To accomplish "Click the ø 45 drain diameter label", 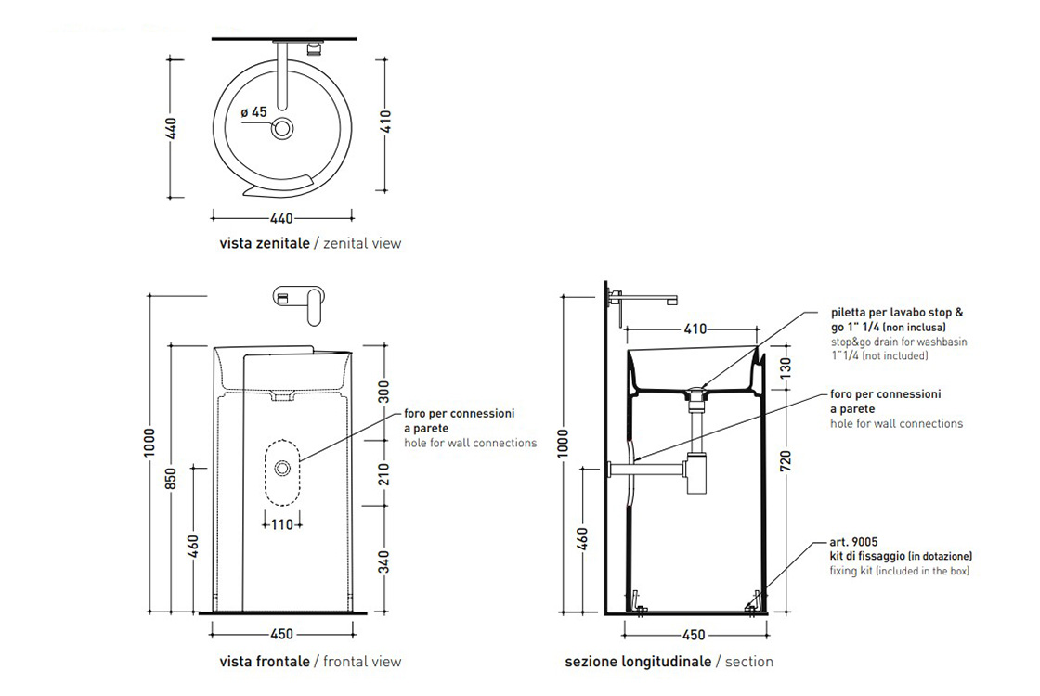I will (x=253, y=111).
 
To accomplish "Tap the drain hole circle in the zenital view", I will (x=282, y=128).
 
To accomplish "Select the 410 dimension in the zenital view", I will (x=386, y=125).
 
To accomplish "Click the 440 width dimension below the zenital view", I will (x=281, y=219).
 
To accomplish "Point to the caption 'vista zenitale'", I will (x=264, y=243).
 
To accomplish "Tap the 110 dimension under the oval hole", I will (x=281, y=524).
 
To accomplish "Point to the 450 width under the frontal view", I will (x=281, y=635).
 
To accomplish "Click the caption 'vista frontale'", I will (x=265, y=662).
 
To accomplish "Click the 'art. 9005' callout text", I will (x=854, y=542).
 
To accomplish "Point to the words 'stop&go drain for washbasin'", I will (x=898, y=342).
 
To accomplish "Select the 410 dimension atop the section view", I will (x=695, y=329).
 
